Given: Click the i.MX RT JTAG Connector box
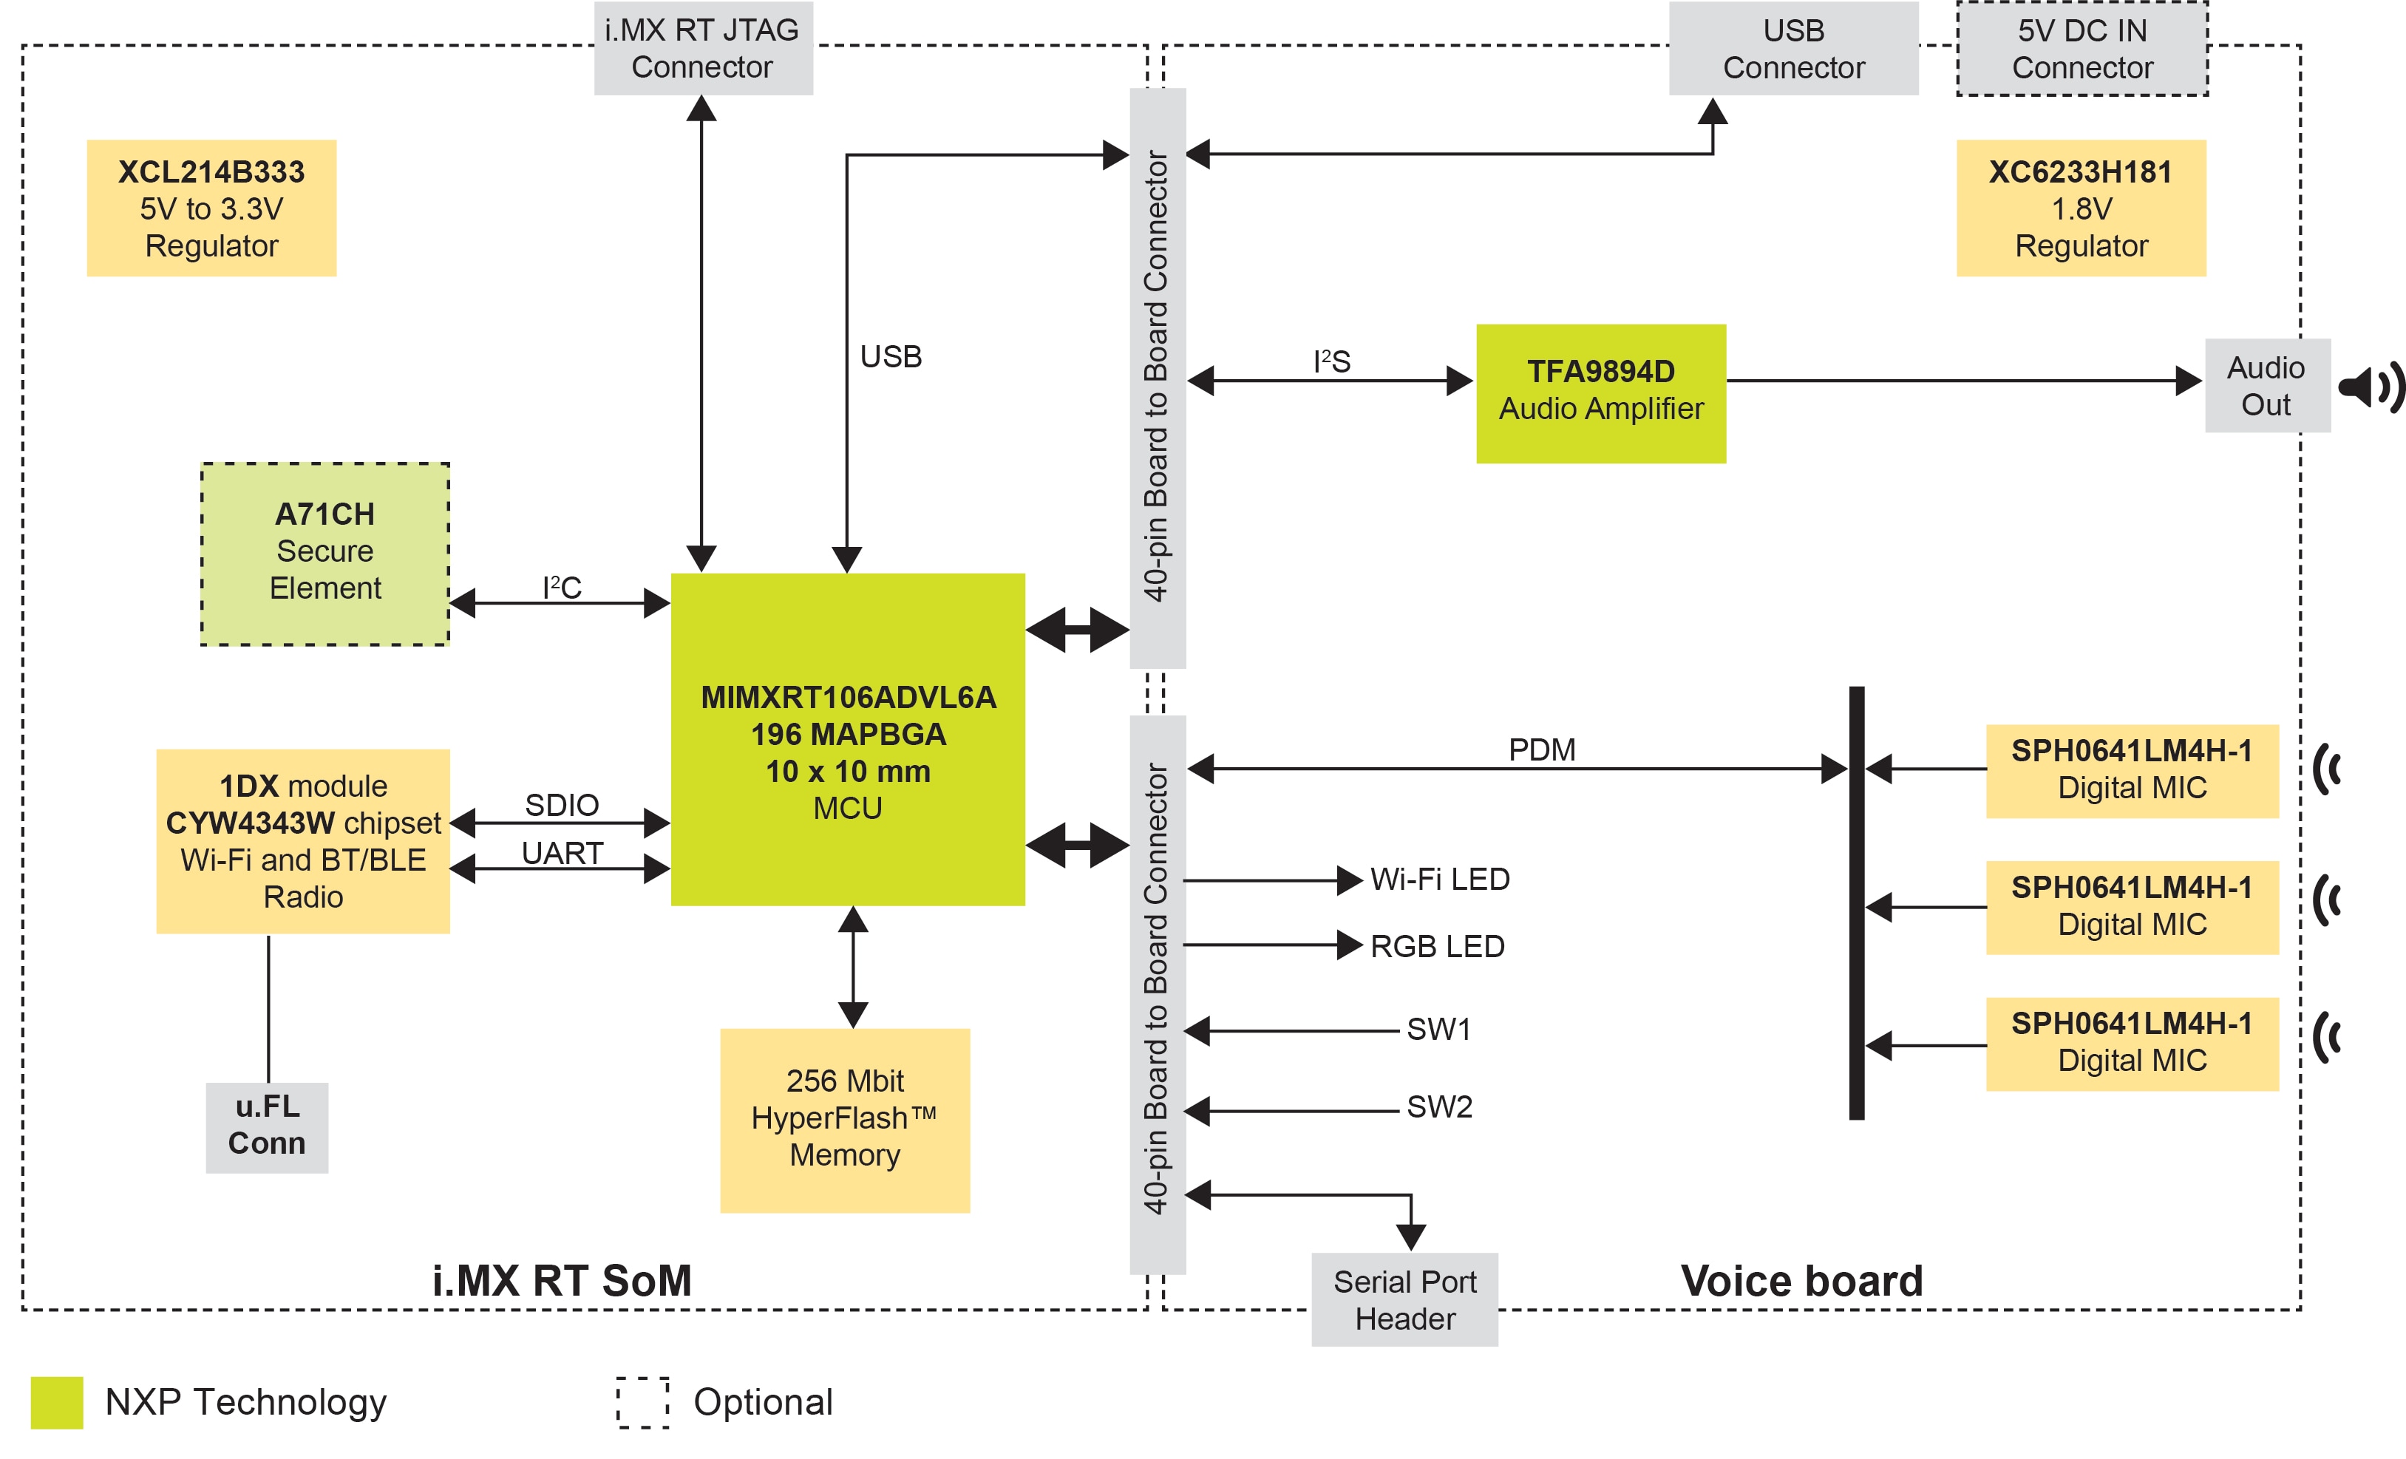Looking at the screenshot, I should pyautogui.click(x=702, y=49).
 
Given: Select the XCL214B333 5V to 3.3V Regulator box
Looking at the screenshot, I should pyautogui.click(x=212, y=208).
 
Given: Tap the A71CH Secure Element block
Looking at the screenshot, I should pyautogui.click(x=325, y=553).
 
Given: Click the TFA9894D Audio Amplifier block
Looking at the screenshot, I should pyautogui.click(x=1600, y=392).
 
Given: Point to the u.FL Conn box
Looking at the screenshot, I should pyautogui.click(x=267, y=1126).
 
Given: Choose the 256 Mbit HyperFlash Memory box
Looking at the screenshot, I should pyautogui.click(x=845, y=1119).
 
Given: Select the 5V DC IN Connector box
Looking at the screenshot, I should pyautogui.click(x=2082, y=49).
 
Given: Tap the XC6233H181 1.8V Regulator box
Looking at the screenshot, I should pyautogui.click(x=2081, y=208).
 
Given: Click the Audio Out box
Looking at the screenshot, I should pyautogui.click(x=2266, y=386).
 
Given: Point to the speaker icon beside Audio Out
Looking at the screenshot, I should pyautogui.click(x=2370, y=388).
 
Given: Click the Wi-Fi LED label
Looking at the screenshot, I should pyautogui.click(x=1439, y=879).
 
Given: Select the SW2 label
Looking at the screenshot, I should pyautogui.click(x=1438, y=1106).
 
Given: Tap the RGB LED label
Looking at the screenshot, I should pyautogui.click(x=1436, y=946).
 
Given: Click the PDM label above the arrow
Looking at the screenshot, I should pyautogui.click(x=1541, y=749).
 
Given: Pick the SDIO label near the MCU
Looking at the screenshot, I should pyautogui.click(x=562, y=805).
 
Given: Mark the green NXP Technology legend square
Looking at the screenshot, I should pyautogui.click(x=57, y=1402).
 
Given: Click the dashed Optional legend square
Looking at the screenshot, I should pyautogui.click(x=642, y=1402).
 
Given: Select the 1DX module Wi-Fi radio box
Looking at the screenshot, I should pyautogui.click(x=303, y=841).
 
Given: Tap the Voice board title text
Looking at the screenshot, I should pyautogui.click(x=1801, y=1280).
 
